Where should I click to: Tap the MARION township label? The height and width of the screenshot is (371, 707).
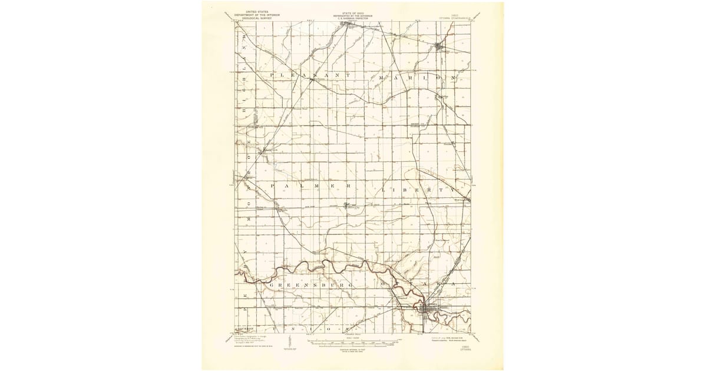pos(418,77)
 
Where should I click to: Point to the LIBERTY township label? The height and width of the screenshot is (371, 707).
pos(418,190)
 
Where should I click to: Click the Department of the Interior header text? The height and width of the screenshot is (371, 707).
pos(255,15)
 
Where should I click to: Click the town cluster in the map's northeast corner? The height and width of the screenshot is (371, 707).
pos(438,46)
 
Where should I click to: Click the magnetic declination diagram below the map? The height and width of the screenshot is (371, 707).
pos(288,342)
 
